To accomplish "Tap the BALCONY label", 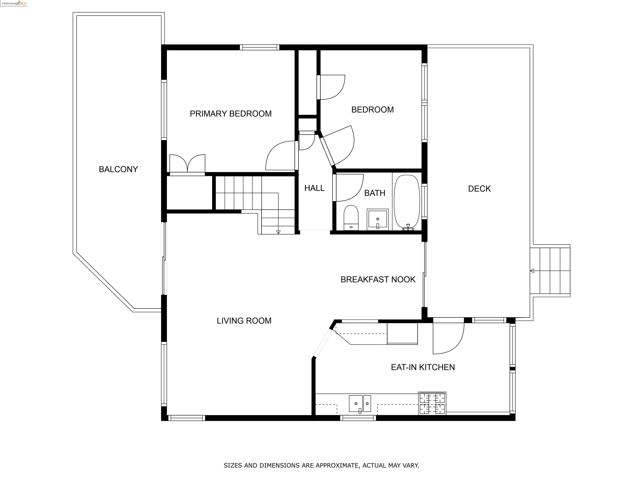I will [x=118, y=169].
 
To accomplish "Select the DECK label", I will [x=479, y=188].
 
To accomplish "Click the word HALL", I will [x=314, y=188].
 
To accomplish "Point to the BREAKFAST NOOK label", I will [x=378, y=279].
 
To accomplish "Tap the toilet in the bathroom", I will [x=351, y=218].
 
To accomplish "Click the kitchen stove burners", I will [x=432, y=403].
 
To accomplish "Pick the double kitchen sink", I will [x=360, y=403].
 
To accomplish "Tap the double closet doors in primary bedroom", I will [x=187, y=164].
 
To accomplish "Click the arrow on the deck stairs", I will [x=532, y=271].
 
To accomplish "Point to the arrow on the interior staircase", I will [x=278, y=232].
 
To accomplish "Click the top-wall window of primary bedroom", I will [x=259, y=47].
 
